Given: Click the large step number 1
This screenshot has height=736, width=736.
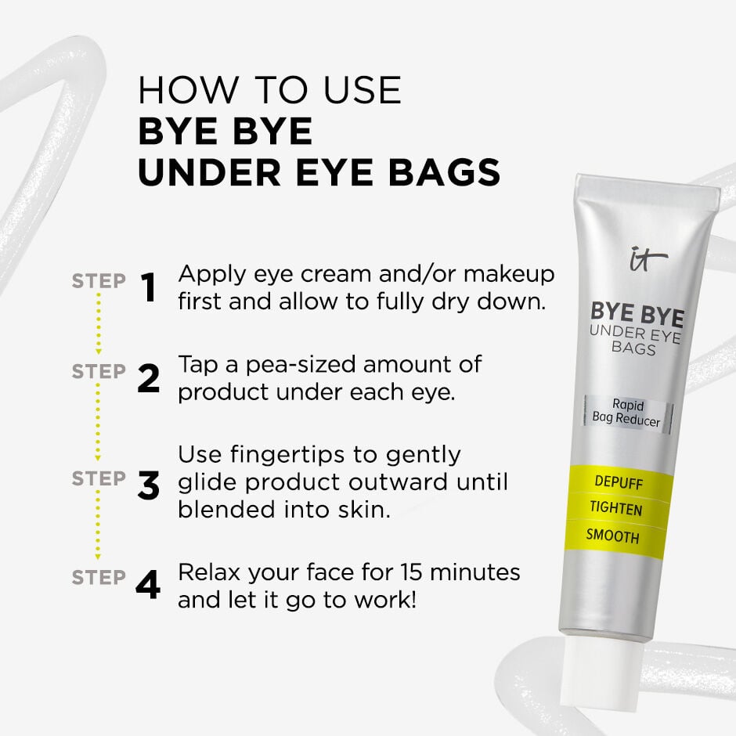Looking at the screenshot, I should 148,287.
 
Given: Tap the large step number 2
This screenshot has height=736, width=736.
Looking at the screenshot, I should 148,378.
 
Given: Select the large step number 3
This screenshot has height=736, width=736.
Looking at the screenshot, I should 148,485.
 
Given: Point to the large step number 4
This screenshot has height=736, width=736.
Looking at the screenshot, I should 148,585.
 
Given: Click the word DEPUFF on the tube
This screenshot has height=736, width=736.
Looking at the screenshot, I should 618,483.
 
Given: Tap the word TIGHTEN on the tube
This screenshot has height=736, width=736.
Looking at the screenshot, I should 615,510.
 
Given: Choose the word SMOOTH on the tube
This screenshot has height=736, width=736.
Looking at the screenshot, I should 612,537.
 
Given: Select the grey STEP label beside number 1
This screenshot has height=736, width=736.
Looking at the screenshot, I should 99,281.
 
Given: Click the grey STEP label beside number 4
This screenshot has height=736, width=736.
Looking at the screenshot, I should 99,578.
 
